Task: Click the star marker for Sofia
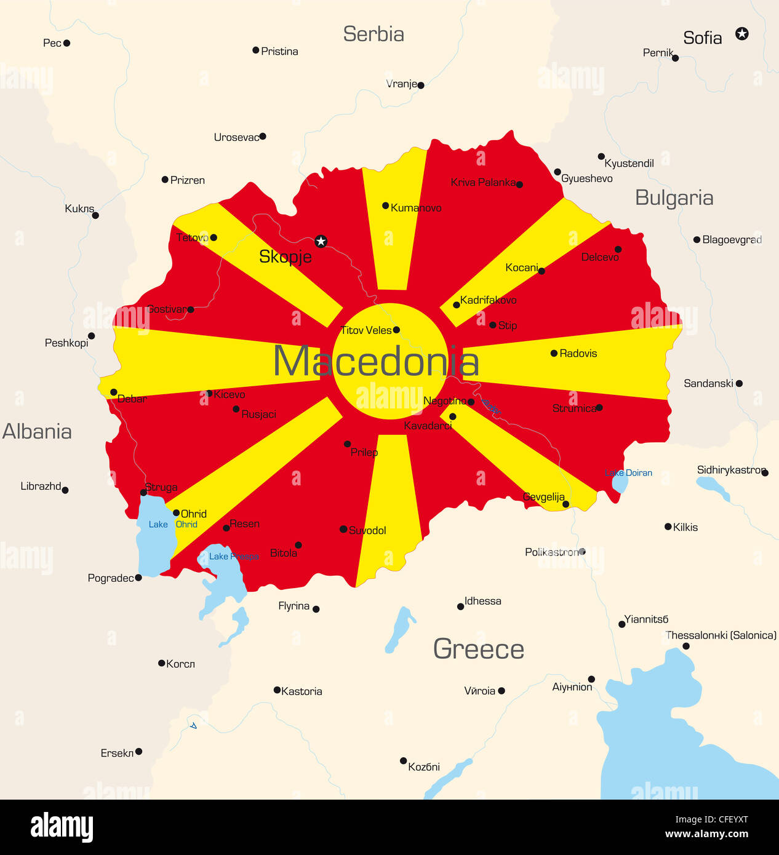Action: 742,34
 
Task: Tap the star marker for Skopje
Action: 321,241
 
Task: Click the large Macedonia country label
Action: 375,361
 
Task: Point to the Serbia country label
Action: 374,34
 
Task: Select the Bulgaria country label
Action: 674,198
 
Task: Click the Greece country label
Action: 479,649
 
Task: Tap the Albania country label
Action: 37,431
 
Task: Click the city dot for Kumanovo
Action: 385,205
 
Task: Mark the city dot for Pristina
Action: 255,50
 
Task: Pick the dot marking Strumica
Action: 599,407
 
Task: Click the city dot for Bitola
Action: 298,545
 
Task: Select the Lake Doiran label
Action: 628,472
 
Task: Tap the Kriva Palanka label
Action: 483,182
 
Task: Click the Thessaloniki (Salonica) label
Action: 721,635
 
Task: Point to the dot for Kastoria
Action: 277,690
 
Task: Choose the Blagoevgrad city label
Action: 732,239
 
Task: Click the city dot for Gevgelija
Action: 565,504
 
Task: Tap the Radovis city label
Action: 578,353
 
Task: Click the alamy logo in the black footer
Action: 62,827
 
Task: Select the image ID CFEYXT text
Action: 711,819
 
